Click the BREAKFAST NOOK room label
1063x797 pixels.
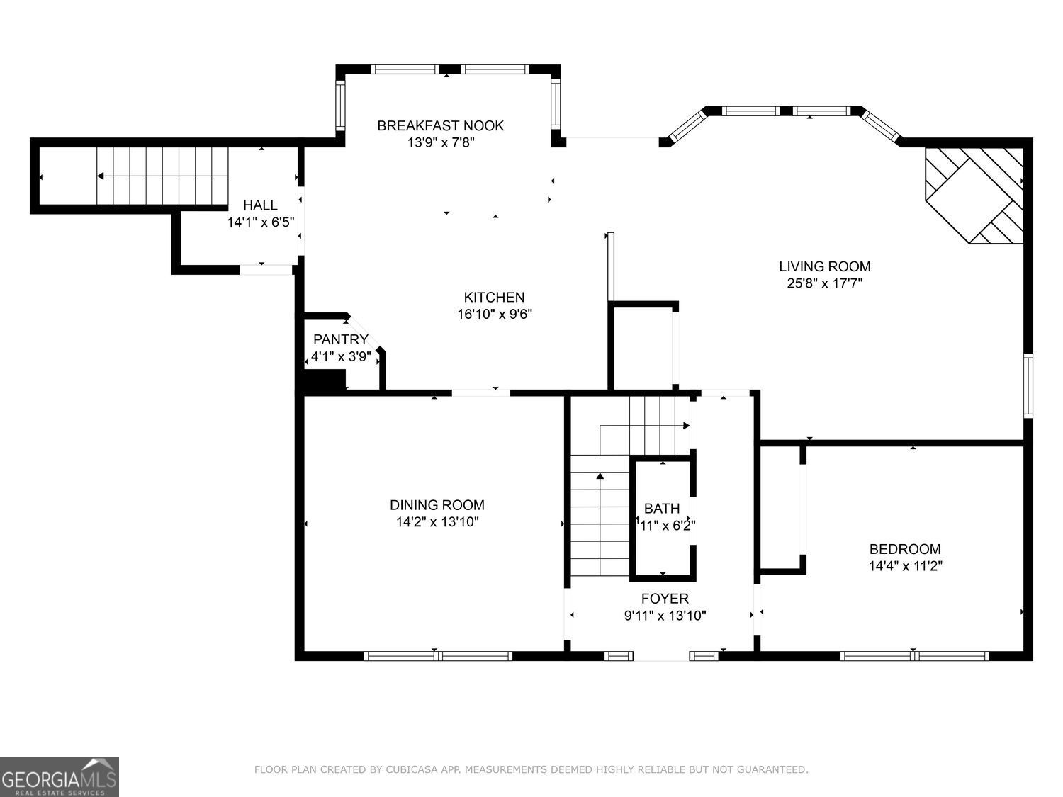[440, 125]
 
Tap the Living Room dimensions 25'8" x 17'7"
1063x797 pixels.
[825, 283]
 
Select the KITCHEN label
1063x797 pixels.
[494, 297]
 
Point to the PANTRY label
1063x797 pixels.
[341, 339]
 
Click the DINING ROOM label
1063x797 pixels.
[437, 505]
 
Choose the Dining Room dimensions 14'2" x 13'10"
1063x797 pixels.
[437, 522]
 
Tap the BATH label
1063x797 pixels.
[662, 508]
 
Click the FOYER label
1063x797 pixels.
[665, 599]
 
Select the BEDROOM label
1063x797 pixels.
[905, 549]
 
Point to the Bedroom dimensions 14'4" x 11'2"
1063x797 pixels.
[905, 566]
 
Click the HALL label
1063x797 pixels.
[260, 205]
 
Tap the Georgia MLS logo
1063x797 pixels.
[60, 777]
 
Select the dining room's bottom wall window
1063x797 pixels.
[438, 656]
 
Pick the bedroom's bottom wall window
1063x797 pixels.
[914, 656]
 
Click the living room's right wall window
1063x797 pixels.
[1028, 385]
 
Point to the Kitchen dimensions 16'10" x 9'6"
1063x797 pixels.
[494, 314]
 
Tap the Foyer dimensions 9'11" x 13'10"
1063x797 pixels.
[665, 616]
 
